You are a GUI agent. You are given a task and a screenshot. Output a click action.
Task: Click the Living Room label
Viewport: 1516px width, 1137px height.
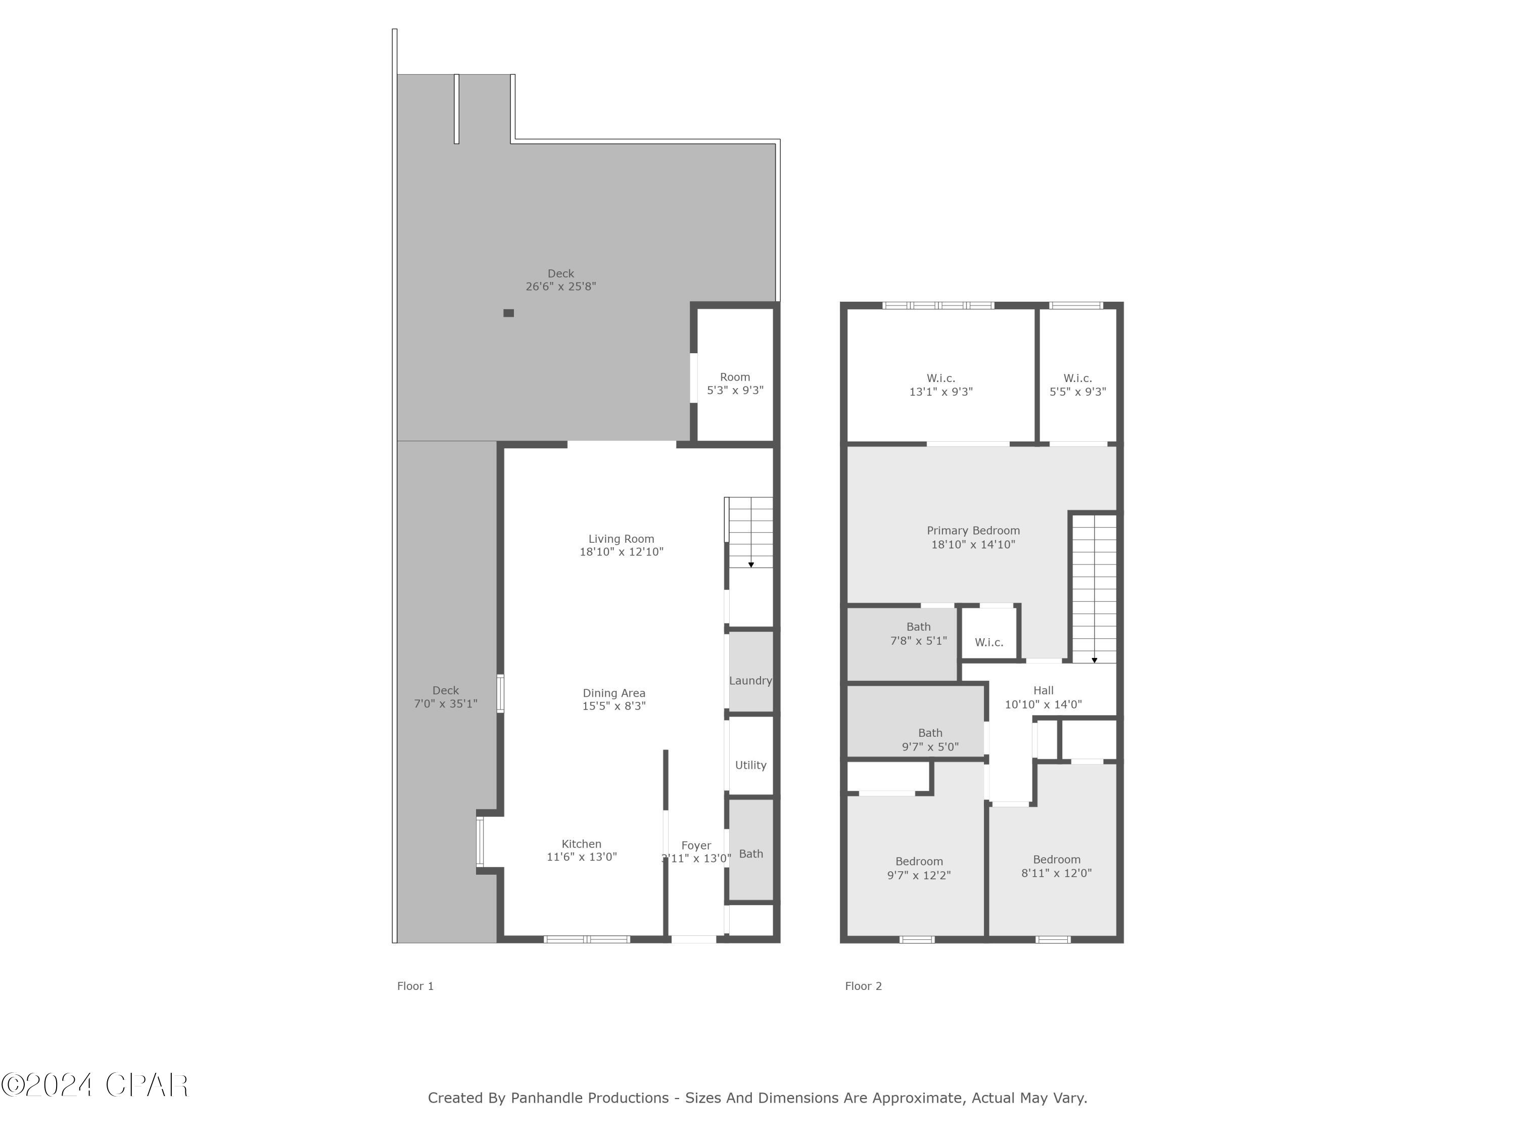pos(621,539)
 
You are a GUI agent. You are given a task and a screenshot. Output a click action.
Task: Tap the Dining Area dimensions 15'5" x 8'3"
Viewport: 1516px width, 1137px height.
pos(614,706)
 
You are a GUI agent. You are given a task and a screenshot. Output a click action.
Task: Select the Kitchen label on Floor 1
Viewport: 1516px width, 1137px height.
pos(581,844)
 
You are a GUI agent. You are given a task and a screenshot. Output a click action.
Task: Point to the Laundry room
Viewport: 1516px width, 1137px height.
pos(750,681)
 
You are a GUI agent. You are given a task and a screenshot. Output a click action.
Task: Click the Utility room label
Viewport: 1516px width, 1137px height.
pos(750,765)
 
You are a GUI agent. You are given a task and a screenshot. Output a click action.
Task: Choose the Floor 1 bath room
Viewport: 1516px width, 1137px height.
pos(750,854)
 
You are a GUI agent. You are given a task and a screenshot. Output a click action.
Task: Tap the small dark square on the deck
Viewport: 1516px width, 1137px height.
pos(508,313)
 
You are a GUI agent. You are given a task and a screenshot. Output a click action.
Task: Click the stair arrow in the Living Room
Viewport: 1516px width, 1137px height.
pos(751,565)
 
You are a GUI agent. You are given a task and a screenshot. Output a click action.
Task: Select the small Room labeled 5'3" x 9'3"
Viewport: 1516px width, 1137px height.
pos(735,384)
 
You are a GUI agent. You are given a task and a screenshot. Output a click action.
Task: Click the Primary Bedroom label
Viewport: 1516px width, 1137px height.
pos(973,531)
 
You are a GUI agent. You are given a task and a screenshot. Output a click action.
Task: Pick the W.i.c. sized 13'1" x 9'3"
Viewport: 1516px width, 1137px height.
pos(940,385)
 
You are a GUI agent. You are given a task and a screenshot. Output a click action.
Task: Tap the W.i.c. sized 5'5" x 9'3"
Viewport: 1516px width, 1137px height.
pos(1077,385)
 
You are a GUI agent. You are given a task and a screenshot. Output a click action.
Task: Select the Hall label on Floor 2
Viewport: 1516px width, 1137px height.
pos(1043,690)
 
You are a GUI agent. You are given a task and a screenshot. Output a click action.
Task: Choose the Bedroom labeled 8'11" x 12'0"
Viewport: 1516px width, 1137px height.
pos(1056,866)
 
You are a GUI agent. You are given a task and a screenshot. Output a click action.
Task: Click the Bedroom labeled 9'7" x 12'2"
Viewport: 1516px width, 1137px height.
pos(918,868)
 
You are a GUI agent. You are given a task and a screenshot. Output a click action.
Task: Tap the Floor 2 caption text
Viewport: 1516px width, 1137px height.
pos(863,985)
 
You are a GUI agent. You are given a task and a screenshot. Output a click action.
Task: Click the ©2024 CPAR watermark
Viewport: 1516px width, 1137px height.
pos(94,1084)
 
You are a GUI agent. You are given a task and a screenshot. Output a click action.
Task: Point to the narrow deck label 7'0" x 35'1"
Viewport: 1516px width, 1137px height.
pos(446,703)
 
